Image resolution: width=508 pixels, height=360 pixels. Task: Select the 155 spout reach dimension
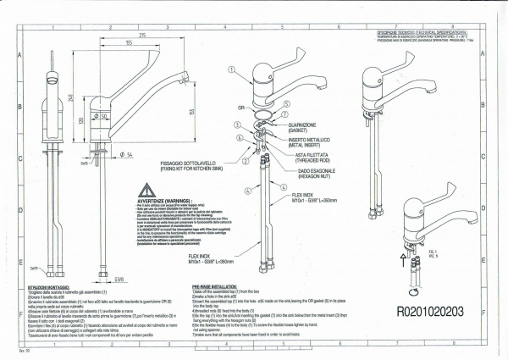(128, 42)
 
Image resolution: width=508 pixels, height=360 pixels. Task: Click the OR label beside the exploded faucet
(241, 108)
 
